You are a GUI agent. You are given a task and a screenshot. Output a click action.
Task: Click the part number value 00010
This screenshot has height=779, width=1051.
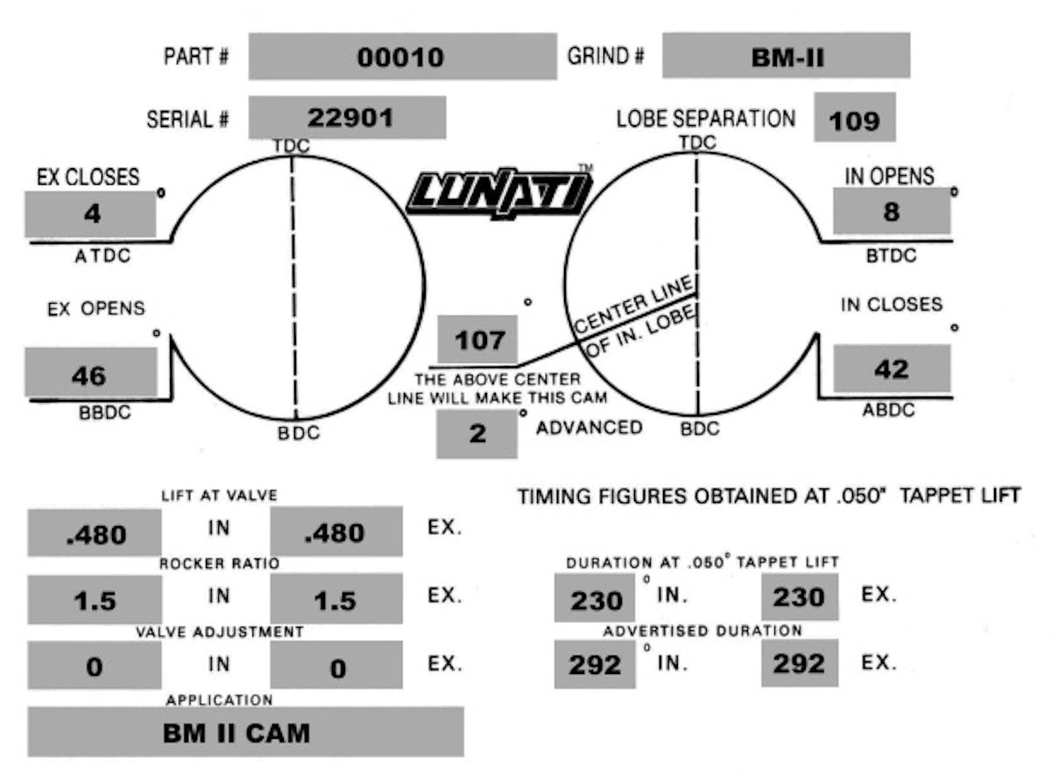point(400,57)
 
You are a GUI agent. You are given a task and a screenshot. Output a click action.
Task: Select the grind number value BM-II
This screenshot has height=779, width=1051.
point(787,58)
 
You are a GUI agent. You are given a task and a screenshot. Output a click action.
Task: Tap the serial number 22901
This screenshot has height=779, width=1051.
point(350,117)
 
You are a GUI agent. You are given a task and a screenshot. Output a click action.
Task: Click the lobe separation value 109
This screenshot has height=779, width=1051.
point(854,122)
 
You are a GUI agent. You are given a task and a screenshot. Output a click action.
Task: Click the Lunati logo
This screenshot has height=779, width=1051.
point(499,193)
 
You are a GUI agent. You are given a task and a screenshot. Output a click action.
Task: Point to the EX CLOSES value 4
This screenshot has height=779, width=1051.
point(93,214)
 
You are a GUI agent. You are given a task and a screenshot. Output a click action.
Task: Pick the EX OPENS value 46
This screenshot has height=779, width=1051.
point(88,376)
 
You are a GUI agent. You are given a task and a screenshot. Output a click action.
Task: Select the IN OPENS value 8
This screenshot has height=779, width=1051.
point(892,211)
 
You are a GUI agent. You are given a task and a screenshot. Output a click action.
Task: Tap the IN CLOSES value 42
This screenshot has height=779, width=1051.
point(892,368)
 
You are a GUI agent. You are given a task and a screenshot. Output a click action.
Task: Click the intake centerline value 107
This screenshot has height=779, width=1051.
point(480,340)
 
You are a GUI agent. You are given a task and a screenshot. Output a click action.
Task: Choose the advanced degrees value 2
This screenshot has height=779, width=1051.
point(477,433)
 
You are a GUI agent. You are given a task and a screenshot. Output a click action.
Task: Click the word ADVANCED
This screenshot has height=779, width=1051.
point(589,428)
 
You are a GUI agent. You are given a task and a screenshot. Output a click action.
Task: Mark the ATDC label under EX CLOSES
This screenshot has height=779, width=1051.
point(102,256)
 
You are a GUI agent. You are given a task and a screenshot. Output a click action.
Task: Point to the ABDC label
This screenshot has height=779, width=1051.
point(888,410)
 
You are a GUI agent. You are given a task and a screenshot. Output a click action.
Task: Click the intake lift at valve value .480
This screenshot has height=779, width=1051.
point(96,535)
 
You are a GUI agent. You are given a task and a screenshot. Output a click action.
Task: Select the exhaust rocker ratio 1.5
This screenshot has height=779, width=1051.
point(335,600)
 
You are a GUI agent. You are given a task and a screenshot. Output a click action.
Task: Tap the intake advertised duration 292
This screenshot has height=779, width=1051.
point(595,665)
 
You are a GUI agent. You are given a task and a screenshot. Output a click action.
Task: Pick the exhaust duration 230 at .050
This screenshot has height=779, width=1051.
point(799,597)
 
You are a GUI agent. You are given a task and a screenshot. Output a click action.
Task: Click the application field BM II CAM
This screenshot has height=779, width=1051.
point(236,733)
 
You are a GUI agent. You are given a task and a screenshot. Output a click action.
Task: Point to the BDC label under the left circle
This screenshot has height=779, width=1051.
point(299,433)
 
